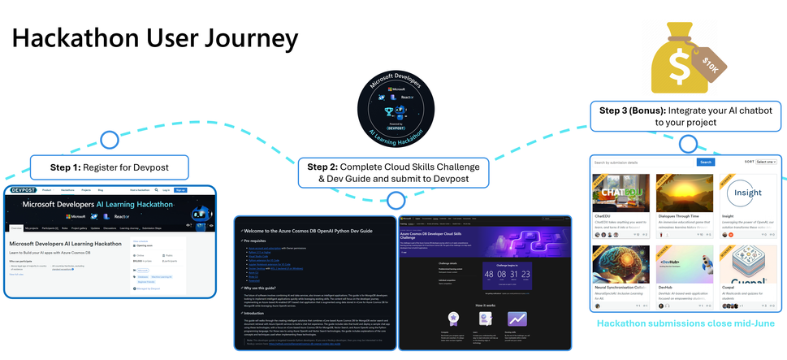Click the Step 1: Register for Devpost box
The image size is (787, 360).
[x=109, y=168]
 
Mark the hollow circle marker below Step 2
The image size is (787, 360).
[x=396, y=200]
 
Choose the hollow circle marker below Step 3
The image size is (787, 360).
[x=687, y=143]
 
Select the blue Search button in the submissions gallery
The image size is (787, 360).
[x=706, y=162]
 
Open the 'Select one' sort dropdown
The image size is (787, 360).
[x=765, y=162]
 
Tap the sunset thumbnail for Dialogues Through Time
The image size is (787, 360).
[x=685, y=193]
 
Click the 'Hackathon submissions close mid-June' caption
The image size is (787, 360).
[x=687, y=323]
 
